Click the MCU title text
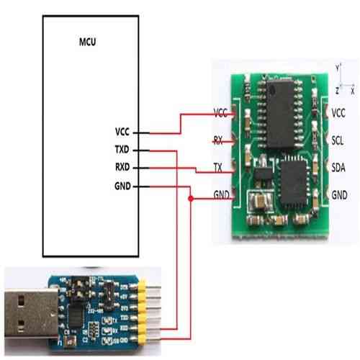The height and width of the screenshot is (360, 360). click(86, 42)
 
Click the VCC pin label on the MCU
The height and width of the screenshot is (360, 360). click(122, 132)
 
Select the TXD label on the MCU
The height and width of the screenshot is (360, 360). click(122, 150)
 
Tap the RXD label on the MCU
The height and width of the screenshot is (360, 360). click(122, 168)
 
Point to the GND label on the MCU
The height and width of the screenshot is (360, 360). click(122, 186)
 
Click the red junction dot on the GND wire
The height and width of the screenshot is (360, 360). click(189, 198)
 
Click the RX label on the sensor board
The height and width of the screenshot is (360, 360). click(217, 140)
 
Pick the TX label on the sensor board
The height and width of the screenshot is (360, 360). click(217, 167)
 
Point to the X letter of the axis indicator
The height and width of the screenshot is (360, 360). click(352, 93)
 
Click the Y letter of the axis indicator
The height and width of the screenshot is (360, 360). click(336, 67)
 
